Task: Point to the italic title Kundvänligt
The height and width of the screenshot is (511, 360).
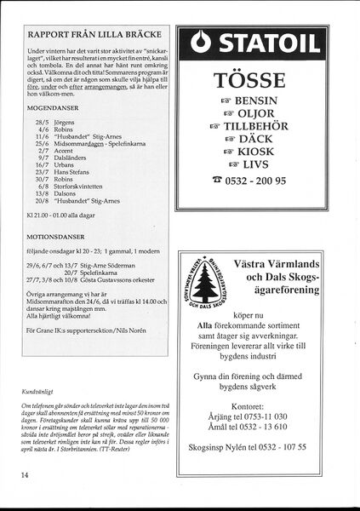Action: [x=39, y=393]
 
